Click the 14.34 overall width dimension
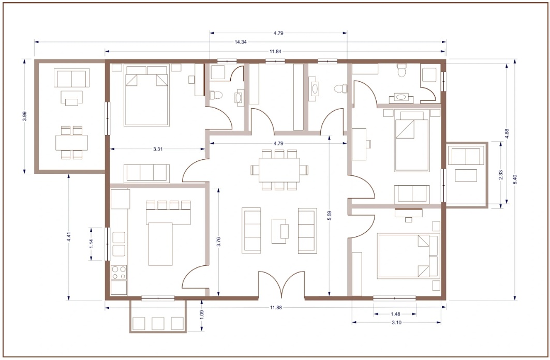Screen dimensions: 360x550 240,42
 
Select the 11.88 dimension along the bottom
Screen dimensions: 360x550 275,308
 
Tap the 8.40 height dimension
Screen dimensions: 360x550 514,180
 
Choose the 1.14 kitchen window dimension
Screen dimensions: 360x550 92,244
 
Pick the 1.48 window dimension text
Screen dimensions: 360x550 395,313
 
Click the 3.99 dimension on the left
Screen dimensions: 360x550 24,116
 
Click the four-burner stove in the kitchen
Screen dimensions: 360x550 119,273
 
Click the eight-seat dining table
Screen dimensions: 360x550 279,170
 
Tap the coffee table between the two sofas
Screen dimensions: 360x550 280,230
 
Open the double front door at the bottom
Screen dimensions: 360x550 281,286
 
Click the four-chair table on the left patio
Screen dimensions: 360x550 71,142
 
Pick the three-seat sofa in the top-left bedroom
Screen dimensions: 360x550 147,173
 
